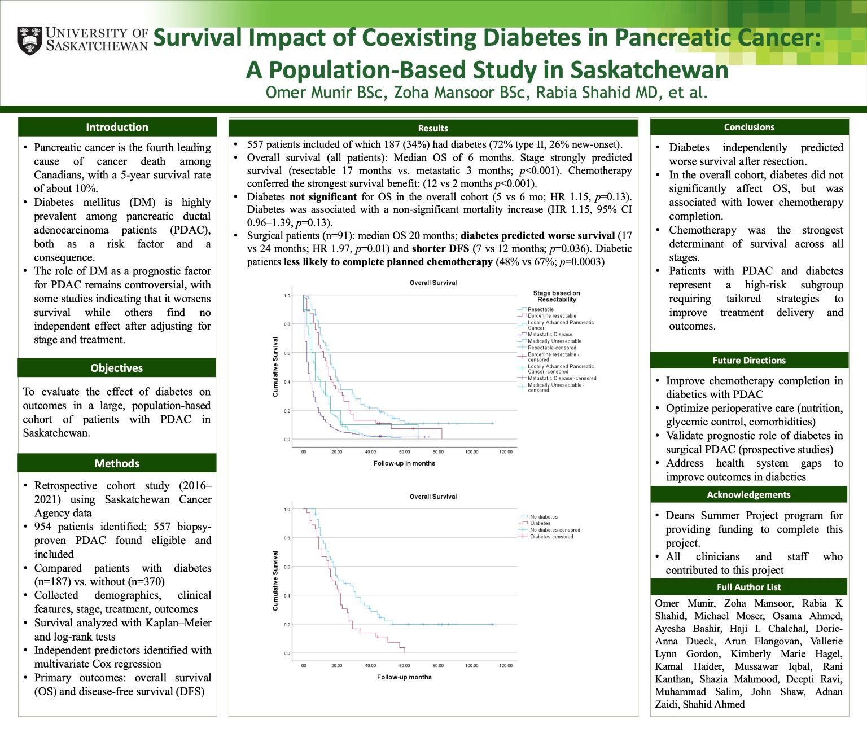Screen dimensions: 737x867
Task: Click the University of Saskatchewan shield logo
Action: coord(29,40)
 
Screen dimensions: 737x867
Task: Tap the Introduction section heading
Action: coord(117,128)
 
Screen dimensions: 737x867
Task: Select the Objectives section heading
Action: coord(117,368)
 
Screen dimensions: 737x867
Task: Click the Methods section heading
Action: coord(117,463)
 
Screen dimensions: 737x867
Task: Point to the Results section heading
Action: coord(433,128)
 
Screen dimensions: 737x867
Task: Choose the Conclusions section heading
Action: coord(749,128)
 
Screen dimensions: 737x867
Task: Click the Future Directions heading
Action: coord(749,361)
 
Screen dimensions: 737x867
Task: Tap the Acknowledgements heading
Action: coord(748,495)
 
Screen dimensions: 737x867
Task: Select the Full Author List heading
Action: coord(748,587)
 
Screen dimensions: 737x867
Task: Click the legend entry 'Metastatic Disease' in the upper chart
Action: coord(550,335)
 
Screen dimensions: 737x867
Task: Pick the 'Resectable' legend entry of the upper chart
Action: coord(541,309)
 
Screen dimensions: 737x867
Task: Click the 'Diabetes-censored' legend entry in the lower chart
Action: coord(551,537)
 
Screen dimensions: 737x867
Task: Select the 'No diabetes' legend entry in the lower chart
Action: coord(544,517)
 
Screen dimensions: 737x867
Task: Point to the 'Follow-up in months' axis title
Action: coord(404,463)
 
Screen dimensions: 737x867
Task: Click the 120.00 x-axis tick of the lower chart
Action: coord(506,666)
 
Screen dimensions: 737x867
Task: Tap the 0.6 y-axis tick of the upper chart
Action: coord(287,353)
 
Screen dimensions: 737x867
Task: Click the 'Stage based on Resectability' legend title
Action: coord(557,296)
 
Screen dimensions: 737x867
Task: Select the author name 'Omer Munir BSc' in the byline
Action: coord(326,93)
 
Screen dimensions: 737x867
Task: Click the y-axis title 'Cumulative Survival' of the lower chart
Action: coord(275,581)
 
